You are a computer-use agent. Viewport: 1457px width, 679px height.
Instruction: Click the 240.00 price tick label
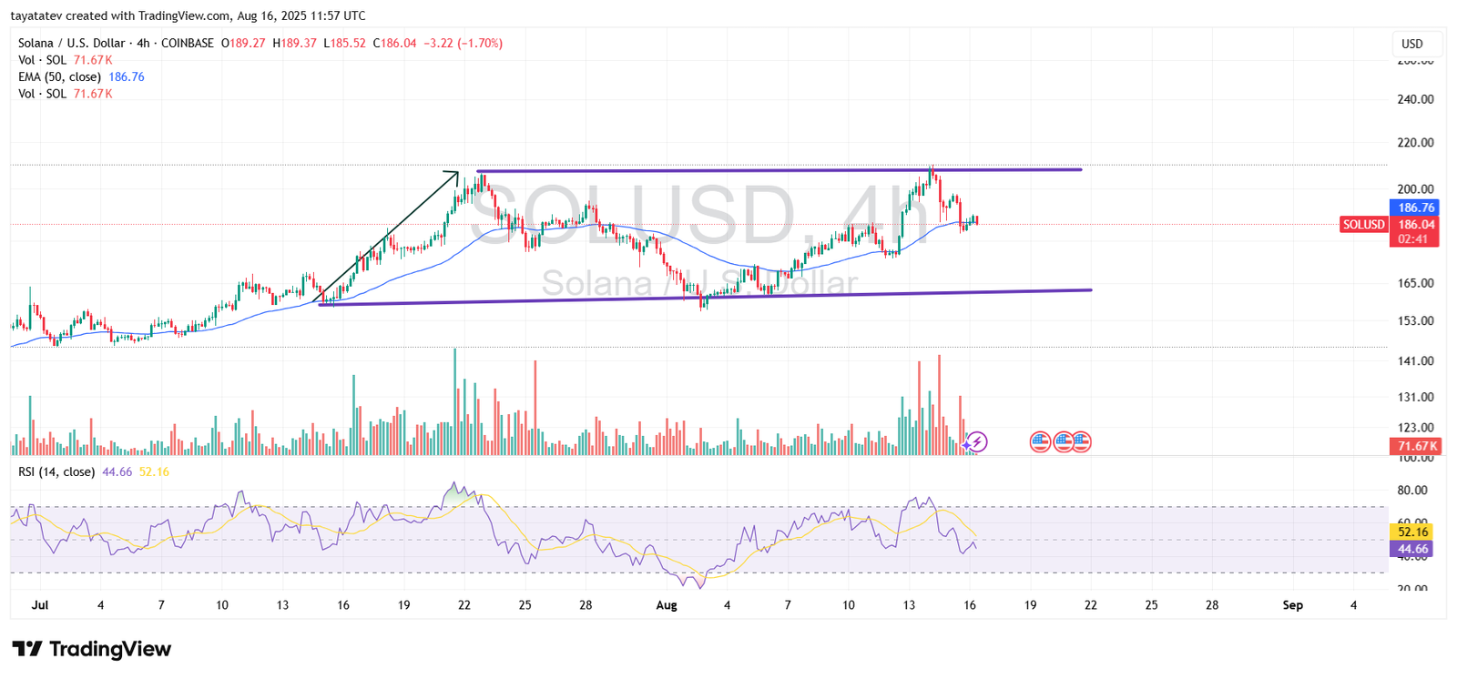1415,99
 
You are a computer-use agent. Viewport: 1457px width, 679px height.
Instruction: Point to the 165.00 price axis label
1415,283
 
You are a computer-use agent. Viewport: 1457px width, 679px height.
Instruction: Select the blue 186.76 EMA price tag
1415,208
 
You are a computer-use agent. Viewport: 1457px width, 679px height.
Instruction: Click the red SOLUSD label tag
1363,225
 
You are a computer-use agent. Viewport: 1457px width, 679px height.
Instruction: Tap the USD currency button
1412,44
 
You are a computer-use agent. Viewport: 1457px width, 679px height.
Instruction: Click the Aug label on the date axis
667,605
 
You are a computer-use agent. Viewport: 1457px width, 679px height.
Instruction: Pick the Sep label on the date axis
1292,605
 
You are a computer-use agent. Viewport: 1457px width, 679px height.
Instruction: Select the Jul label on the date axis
39,605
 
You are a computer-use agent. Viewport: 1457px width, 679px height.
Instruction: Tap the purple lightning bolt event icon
976,442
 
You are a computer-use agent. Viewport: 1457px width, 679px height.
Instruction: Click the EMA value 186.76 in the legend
127,77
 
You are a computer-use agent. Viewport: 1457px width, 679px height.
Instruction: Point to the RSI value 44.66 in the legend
117,471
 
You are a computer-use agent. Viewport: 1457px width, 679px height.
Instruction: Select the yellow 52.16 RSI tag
1412,532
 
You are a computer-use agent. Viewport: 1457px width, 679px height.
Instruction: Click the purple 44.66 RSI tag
1412,549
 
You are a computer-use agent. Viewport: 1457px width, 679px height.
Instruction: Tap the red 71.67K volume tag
1414,446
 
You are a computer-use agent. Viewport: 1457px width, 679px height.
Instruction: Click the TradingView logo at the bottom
92,649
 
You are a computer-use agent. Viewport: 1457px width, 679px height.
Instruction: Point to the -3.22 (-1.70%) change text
463,43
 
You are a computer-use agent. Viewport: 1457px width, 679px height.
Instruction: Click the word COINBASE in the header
188,43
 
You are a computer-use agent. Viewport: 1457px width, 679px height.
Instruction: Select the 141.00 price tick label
1415,361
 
